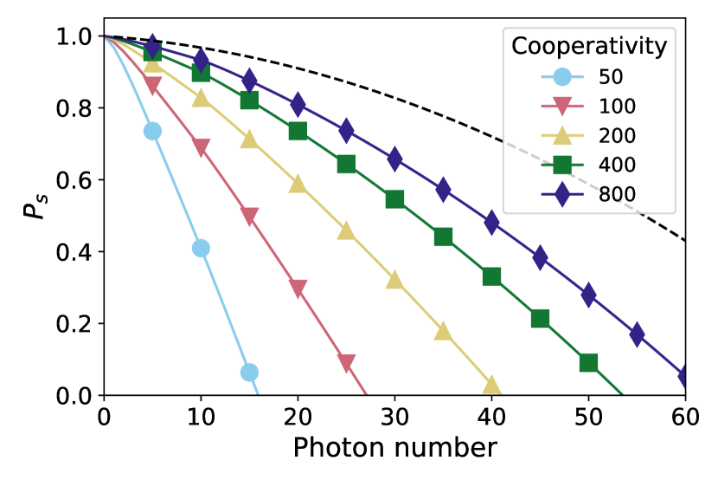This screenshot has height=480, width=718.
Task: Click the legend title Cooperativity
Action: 589,47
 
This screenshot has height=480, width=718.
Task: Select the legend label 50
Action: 611,77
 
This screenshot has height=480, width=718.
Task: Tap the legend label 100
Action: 617,107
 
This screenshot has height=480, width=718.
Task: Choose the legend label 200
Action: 617,136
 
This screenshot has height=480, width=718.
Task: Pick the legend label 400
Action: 617,165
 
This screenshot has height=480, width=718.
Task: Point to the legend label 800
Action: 617,195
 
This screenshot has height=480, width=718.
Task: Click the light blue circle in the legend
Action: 562,77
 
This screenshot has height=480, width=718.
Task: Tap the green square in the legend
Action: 562,165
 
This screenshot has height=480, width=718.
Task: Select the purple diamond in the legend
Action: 562,195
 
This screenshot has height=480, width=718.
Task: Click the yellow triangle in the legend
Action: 562,136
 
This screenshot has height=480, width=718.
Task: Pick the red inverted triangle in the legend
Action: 562,107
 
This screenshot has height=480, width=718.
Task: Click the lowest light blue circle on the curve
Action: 249,373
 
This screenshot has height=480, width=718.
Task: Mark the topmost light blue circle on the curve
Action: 152,131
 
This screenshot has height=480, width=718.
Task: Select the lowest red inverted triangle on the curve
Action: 346,363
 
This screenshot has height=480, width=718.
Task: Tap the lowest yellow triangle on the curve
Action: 491,386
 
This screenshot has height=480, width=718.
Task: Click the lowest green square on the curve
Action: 588,362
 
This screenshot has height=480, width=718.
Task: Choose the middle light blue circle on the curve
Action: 201,249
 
